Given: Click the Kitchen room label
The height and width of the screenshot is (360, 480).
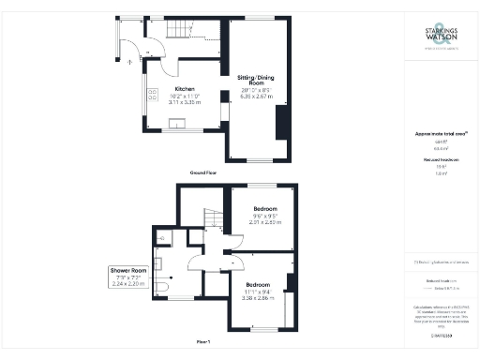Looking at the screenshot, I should (x=184, y=89).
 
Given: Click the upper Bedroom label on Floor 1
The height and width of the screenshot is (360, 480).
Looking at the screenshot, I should (x=265, y=208).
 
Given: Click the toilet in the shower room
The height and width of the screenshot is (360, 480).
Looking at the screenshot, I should (x=162, y=285).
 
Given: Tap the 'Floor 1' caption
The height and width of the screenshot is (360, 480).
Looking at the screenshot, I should (x=202, y=342).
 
